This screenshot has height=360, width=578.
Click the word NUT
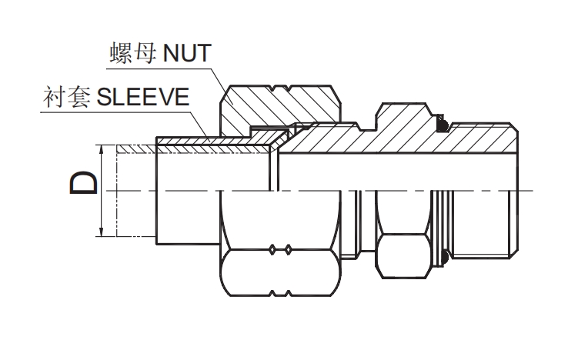pyautogui.click(x=185, y=54)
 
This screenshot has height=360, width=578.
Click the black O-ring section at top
pyautogui.click(x=444, y=122)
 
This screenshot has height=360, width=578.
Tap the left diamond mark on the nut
pyautogui.click(x=273, y=249)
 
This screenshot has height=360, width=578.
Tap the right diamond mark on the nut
pyautogui.click(x=287, y=249)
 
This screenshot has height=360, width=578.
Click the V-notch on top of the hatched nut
pyautogui.click(x=281, y=86)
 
